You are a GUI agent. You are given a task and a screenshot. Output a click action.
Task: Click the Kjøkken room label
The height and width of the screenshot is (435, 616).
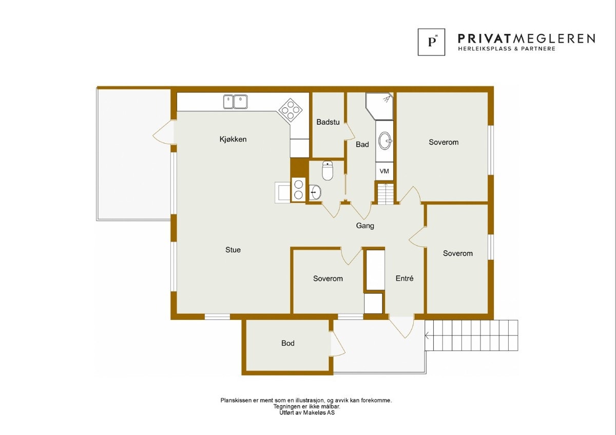233,139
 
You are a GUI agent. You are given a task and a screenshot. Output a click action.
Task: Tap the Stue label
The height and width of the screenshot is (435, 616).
233,250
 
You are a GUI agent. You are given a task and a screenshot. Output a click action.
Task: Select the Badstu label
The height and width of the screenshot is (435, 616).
328,122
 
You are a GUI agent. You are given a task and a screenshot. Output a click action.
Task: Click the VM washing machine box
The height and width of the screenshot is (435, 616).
384,171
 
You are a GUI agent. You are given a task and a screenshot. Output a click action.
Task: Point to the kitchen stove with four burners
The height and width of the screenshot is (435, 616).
290,109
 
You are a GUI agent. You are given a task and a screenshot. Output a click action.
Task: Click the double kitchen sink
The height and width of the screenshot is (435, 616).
235,102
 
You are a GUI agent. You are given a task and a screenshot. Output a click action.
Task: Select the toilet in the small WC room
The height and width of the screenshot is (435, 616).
328,170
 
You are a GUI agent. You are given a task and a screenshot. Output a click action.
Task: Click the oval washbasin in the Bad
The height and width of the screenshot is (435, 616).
384,140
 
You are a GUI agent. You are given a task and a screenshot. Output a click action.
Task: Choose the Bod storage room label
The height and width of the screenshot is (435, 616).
287,343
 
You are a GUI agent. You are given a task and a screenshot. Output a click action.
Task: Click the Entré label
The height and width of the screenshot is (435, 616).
405,278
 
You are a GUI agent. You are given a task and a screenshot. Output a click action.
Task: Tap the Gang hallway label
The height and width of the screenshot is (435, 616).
365,225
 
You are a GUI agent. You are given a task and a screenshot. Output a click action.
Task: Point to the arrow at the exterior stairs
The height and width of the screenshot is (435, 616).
428,336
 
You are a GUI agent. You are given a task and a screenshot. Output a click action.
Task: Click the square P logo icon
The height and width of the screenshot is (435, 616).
431,42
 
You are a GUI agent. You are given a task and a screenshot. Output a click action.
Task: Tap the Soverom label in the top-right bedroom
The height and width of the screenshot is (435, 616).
444,142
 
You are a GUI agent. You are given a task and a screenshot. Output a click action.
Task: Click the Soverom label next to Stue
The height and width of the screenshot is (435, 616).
328,278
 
